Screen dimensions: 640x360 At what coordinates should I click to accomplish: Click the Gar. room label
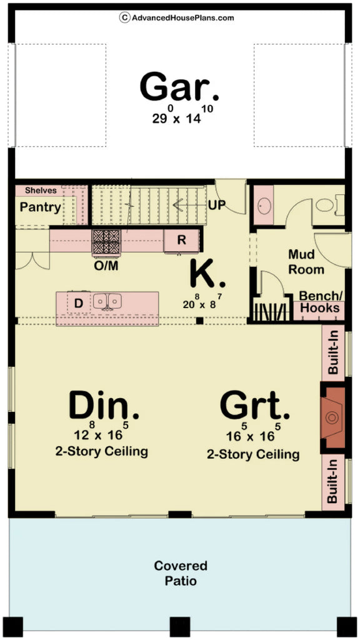pos(179,87)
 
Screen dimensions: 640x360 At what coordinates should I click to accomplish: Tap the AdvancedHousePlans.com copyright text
pos(177,17)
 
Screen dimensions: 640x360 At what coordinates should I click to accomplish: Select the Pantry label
pos(41,207)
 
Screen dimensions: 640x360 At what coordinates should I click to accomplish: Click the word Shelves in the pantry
pos(41,191)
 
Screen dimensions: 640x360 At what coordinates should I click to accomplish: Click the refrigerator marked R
pos(181,240)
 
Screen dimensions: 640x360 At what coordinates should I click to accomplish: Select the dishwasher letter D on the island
pos(79,303)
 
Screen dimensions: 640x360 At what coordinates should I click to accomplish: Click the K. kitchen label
pos(207,272)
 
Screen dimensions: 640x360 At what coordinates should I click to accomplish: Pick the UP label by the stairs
pos(217,204)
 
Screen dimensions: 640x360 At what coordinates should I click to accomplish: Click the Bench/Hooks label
pos(320,302)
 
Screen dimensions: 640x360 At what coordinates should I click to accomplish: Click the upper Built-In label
pos(333,354)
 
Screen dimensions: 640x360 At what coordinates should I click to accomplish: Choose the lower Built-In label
pos(333,482)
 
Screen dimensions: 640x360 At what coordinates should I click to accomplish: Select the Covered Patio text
pos(181,573)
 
